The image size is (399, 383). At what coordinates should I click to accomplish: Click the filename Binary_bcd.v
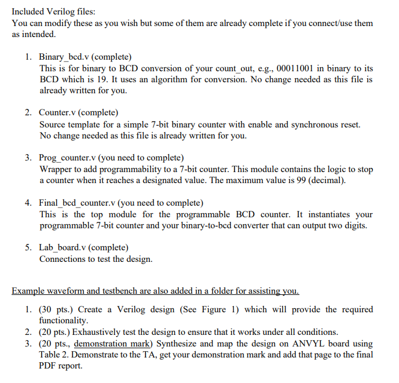pyautogui.click(x=64, y=57)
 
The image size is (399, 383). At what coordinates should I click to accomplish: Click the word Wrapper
pyautogui.click(x=56, y=169)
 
